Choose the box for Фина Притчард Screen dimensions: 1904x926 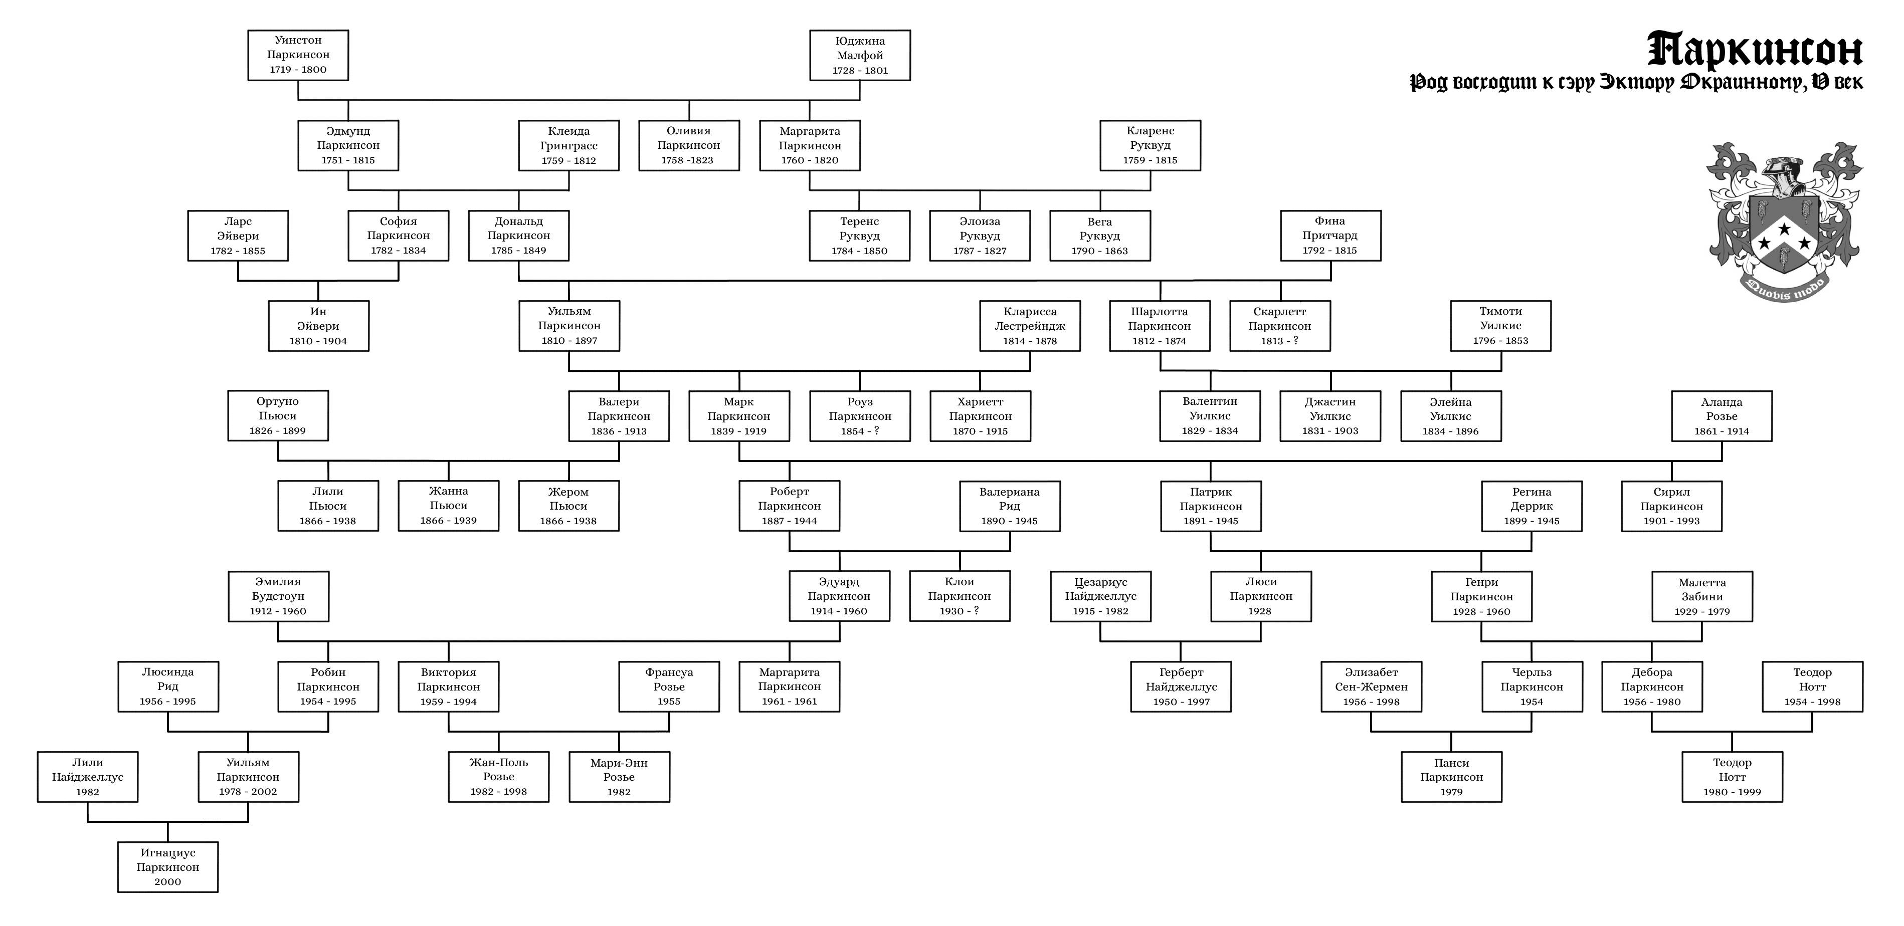1330,236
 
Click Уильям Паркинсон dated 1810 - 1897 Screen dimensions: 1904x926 569,326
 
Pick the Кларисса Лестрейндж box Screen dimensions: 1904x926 1030,326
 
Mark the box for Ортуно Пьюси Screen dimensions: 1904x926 278,416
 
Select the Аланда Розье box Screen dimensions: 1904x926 1722,416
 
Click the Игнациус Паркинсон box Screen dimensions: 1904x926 168,867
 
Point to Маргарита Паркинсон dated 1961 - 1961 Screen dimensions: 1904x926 790,686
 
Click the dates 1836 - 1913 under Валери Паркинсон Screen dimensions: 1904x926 619,431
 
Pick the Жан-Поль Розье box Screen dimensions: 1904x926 499,777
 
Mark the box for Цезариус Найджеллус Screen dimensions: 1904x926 1100,596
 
